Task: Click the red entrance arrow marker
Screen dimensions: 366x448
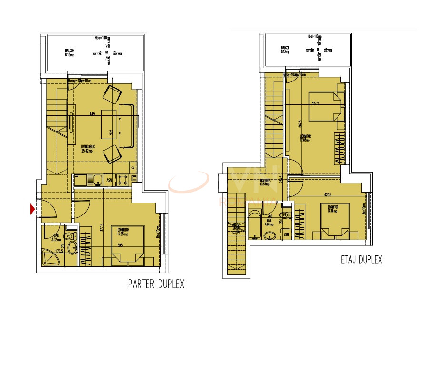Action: [33, 209]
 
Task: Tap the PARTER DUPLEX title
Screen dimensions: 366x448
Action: [156, 284]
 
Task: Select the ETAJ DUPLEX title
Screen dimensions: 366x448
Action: [361, 260]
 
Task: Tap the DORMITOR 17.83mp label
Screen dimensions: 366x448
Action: [305, 138]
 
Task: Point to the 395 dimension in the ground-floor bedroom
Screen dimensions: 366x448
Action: [120, 245]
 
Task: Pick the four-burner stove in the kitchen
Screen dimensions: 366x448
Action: [122, 180]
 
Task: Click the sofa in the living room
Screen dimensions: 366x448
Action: [127, 126]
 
